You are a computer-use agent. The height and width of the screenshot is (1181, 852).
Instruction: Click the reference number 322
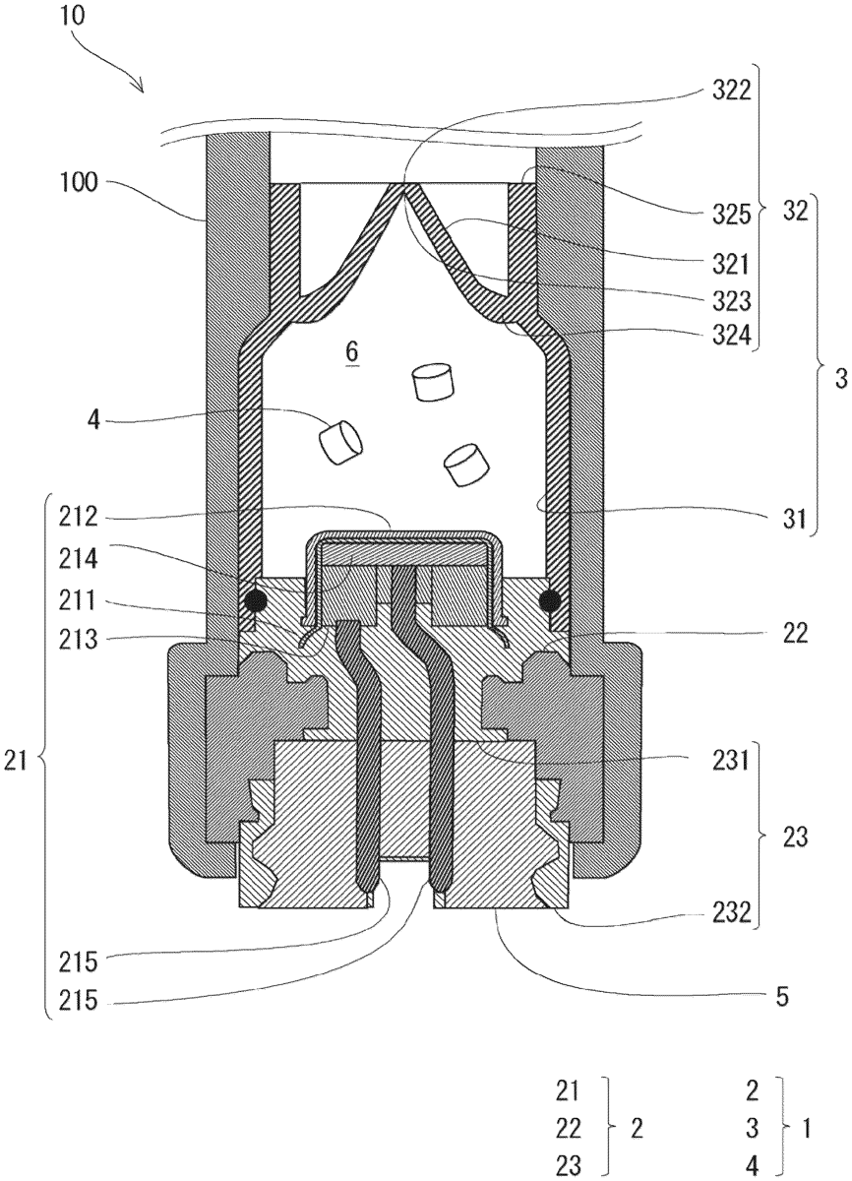[x=731, y=92]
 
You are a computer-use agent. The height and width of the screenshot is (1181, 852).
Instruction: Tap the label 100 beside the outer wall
[x=79, y=183]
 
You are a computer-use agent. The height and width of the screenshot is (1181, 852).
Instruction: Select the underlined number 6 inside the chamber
[x=352, y=351]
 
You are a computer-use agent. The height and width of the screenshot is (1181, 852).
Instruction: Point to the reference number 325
[x=731, y=216]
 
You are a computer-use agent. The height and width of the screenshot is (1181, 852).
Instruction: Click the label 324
[x=731, y=336]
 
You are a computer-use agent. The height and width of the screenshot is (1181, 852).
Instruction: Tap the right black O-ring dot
[x=550, y=599]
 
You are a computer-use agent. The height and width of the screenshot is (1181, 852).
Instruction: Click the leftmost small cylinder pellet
[x=339, y=442]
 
